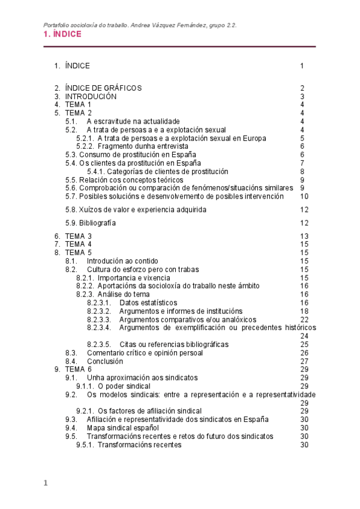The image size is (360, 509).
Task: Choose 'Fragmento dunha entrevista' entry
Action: tap(143, 146)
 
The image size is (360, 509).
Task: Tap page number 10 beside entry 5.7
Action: tap(304, 196)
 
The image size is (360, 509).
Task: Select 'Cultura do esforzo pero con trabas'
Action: tap(142, 270)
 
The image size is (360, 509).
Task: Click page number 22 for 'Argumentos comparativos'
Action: tap(304, 319)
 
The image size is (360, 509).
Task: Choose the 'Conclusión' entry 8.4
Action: tap(104, 361)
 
